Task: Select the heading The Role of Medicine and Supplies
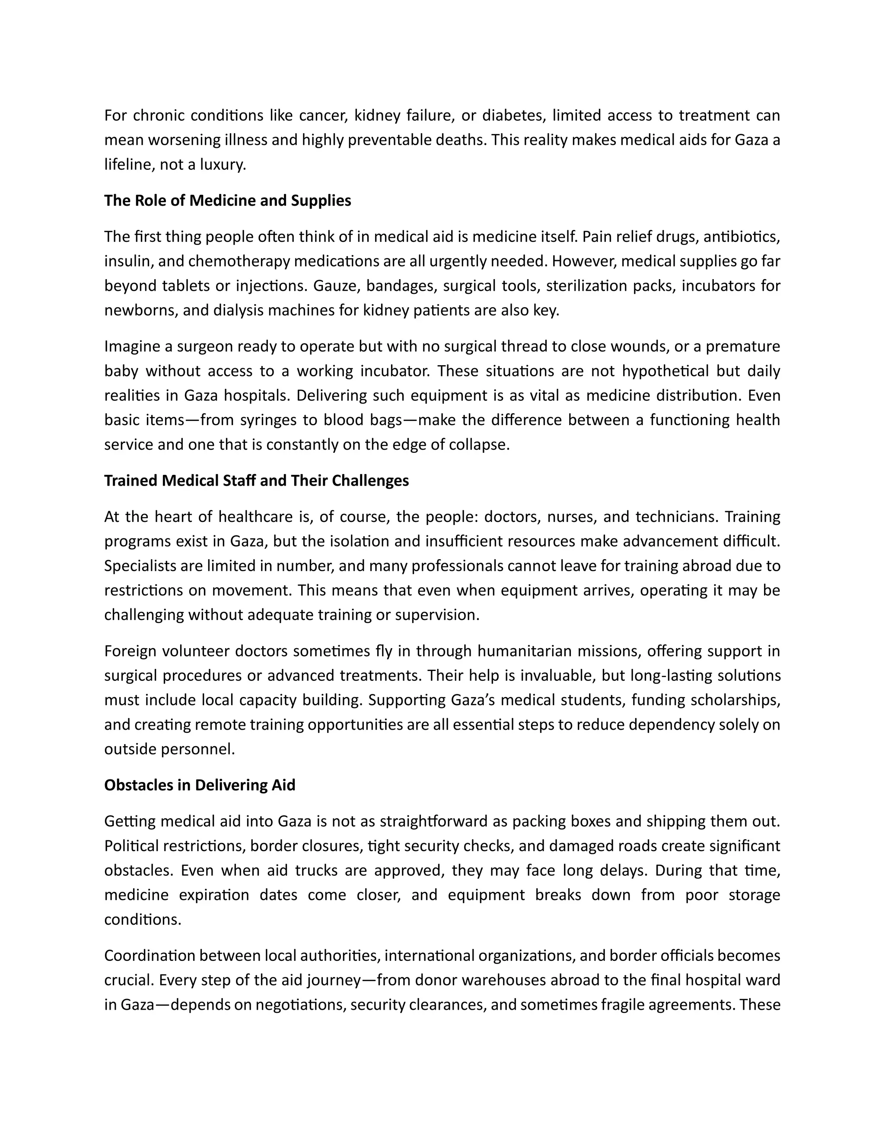click(228, 200)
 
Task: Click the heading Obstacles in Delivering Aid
click(200, 785)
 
